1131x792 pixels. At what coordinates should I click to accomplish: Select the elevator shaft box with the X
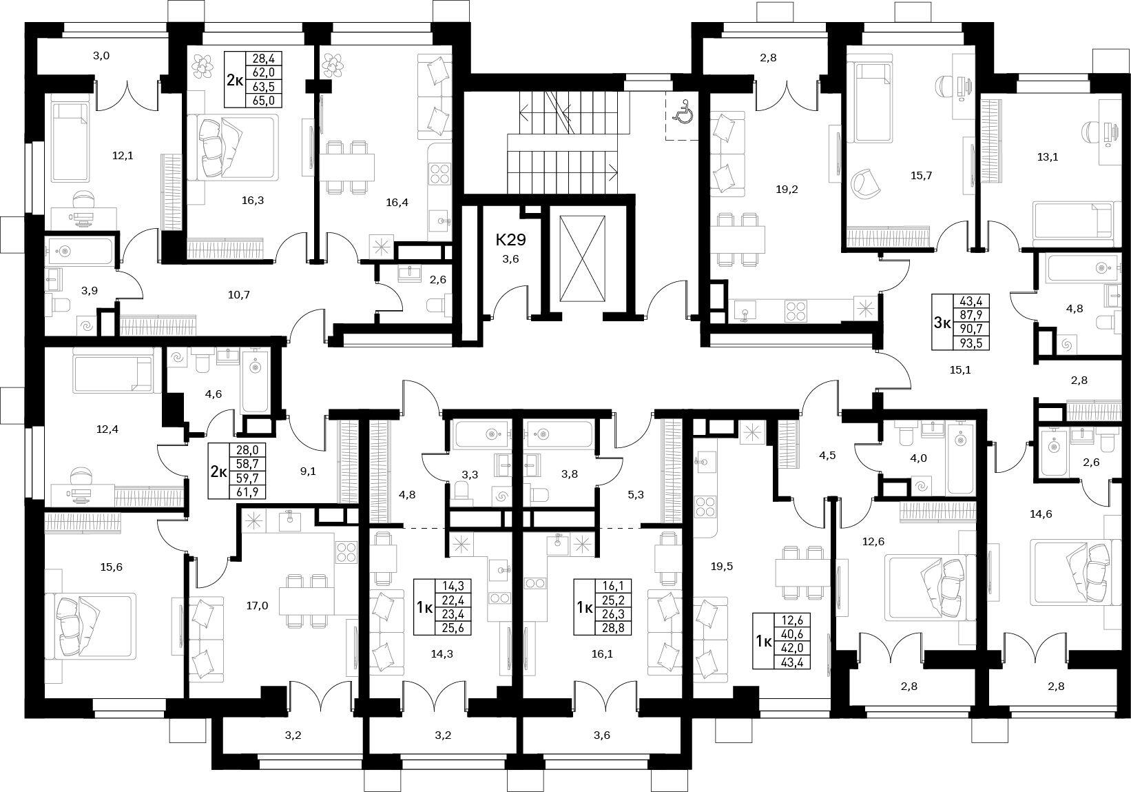582,259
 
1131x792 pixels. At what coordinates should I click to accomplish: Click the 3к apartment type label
942,323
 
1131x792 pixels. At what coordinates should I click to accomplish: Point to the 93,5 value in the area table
971,344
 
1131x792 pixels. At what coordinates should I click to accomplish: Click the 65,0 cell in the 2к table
264,101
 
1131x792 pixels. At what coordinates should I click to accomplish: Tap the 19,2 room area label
787,190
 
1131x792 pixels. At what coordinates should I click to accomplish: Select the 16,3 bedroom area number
253,201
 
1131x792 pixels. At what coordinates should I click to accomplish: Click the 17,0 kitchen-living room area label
257,605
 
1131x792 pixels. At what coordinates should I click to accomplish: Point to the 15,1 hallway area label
960,370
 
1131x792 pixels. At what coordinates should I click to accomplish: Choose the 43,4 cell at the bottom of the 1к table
791,662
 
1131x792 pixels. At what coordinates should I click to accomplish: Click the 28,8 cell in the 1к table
613,628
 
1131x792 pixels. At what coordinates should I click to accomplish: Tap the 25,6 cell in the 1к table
453,628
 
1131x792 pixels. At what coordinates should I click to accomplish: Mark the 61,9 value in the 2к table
247,491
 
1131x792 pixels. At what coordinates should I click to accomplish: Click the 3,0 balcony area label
101,56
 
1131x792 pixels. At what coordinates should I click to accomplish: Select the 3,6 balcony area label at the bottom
602,735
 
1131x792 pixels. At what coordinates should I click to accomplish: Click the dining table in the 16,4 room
347,167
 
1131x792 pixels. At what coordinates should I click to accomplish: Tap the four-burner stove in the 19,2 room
796,310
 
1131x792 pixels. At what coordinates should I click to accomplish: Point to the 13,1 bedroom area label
1048,156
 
